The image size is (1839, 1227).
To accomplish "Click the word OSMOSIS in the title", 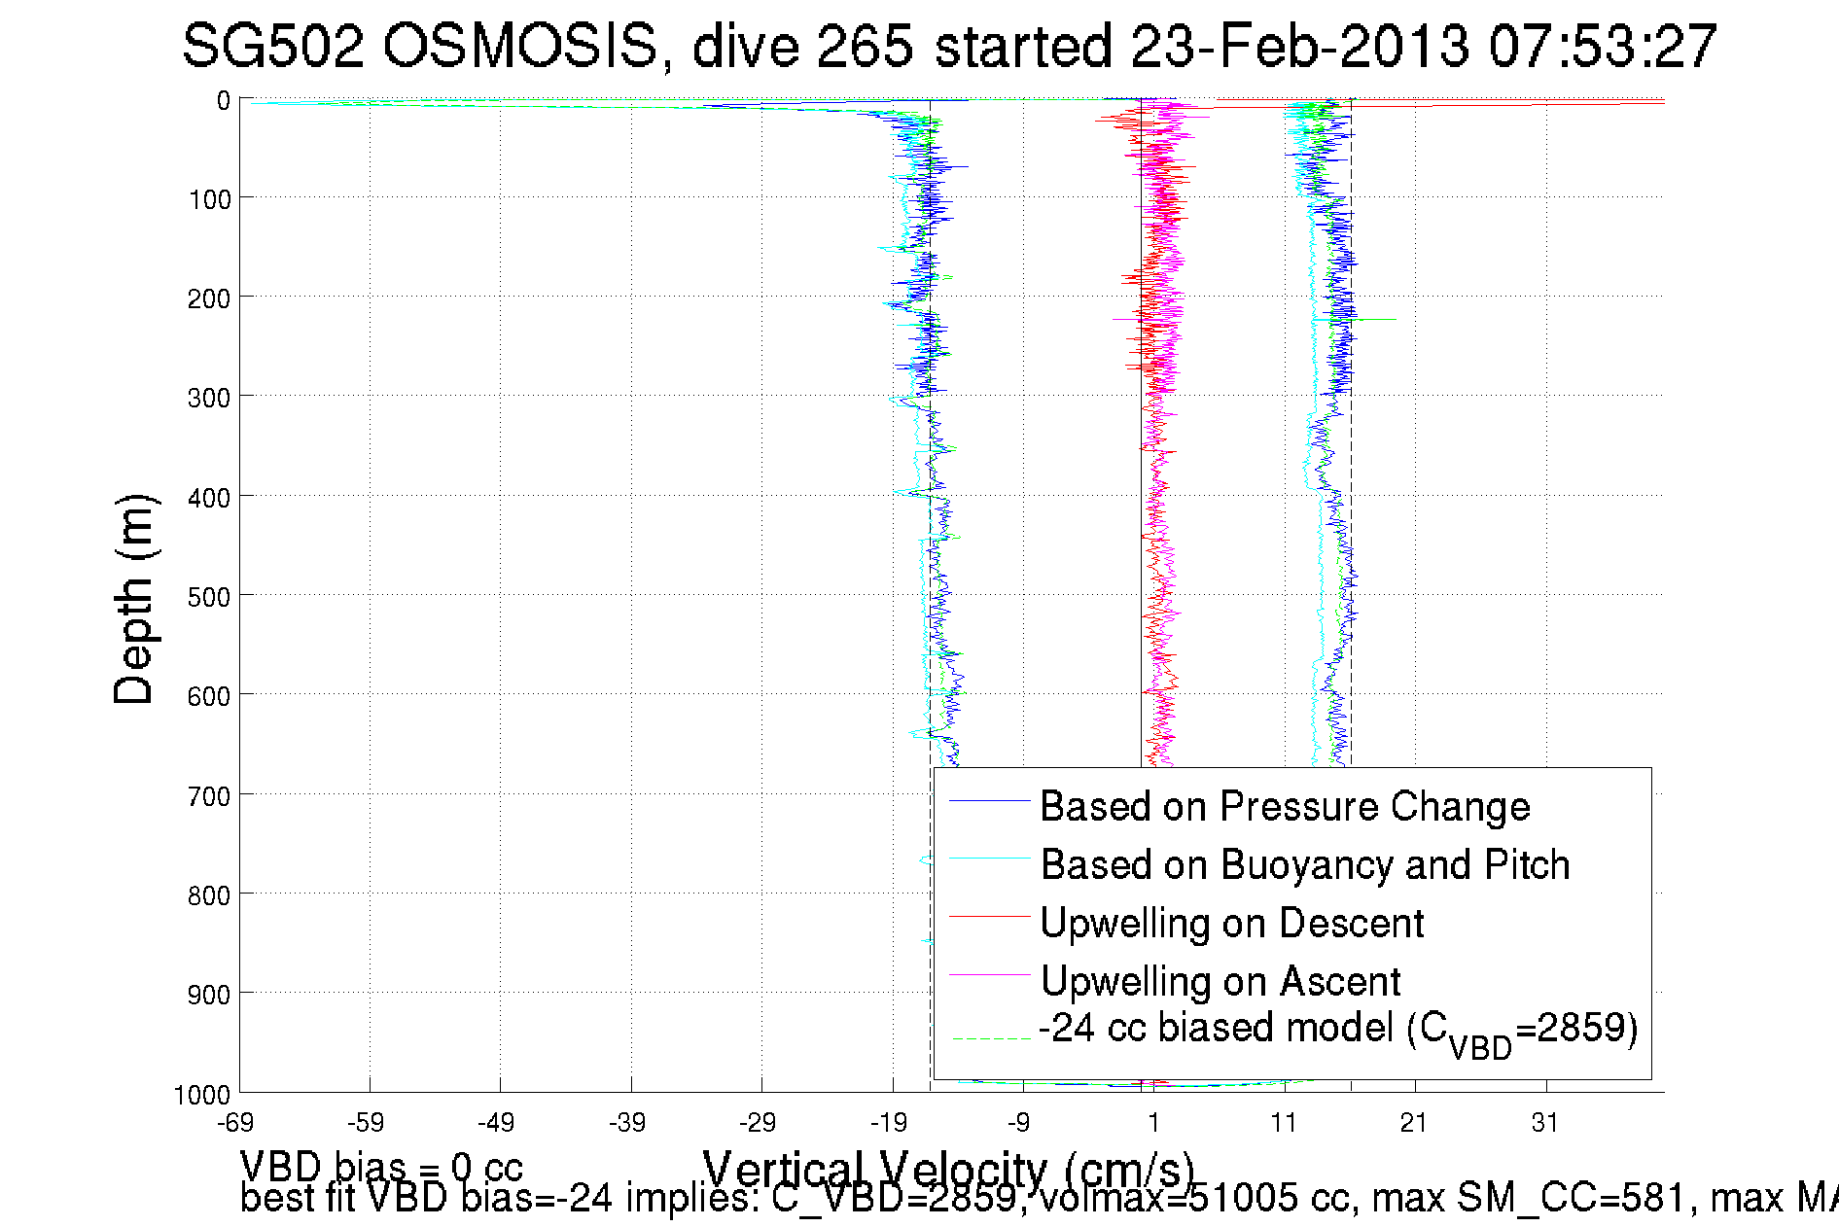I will [x=519, y=46].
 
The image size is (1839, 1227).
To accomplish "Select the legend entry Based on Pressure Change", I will [x=1285, y=806].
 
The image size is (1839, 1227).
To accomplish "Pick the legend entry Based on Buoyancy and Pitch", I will [x=1304, y=864].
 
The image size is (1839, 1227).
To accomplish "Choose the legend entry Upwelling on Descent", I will [x=1231, y=923].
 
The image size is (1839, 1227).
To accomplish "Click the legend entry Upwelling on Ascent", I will [x=1220, y=981].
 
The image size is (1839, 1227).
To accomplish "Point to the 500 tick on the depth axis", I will [x=209, y=596].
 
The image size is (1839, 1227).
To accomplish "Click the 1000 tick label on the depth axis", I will [x=202, y=1095].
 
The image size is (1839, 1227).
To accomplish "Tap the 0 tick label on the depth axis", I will [x=224, y=100].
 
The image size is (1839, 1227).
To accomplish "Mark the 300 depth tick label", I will [x=209, y=398].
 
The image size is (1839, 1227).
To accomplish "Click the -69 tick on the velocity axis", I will [x=236, y=1123].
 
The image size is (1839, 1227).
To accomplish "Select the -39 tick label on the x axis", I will [x=627, y=1123].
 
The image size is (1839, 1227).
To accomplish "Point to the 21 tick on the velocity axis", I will [x=1413, y=1123].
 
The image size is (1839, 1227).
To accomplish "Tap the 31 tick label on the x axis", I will [x=1544, y=1123].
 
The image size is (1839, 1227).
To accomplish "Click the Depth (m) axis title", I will [x=133, y=599].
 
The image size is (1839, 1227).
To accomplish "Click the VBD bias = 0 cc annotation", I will [x=381, y=1166].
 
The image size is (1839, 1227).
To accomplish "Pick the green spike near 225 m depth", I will [x=1376, y=319].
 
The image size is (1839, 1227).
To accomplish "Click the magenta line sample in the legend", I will [x=988, y=974].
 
